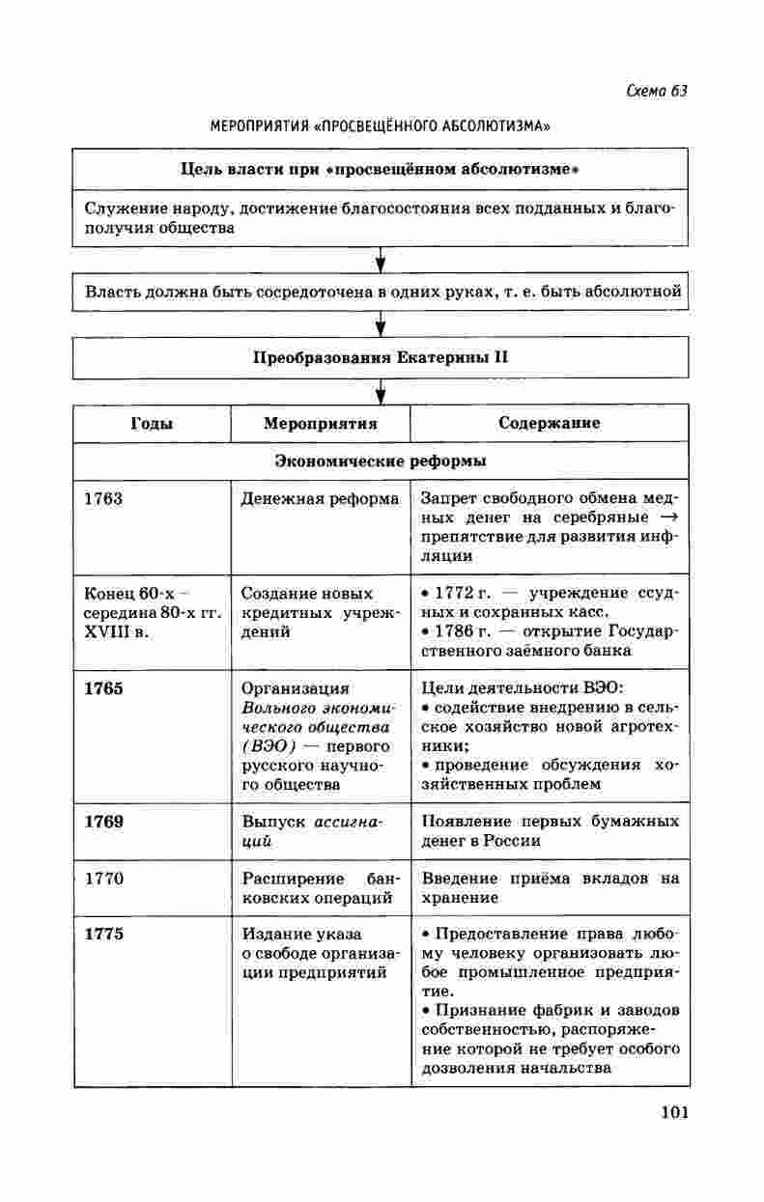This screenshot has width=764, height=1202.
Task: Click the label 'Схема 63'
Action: tap(656, 91)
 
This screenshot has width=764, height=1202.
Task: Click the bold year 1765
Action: tap(104, 688)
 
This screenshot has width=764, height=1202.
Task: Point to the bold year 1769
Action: tap(104, 822)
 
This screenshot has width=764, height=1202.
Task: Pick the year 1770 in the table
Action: tap(103, 879)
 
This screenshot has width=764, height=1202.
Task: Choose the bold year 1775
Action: tap(104, 935)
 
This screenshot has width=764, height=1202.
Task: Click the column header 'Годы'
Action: tap(152, 423)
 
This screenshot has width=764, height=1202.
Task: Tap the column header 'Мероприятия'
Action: tap(320, 423)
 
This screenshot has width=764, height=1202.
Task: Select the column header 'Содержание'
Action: tap(549, 423)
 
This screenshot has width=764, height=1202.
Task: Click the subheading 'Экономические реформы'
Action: tap(381, 461)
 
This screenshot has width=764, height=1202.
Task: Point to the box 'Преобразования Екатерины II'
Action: tap(381, 356)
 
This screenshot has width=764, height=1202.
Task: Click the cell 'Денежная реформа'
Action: tap(320, 499)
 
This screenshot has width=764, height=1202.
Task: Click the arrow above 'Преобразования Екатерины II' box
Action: tap(382, 323)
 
